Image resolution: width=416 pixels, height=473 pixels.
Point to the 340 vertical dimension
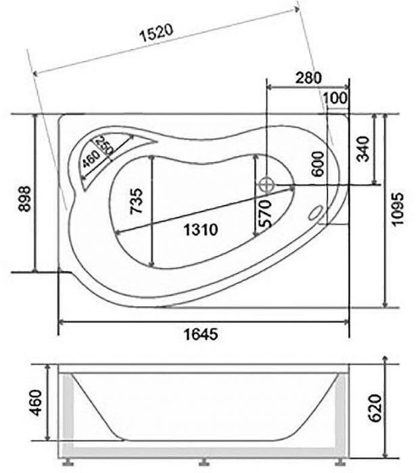[363, 149]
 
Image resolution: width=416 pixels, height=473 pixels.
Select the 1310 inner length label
[200, 230]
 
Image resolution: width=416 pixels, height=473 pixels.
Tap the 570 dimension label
[264, 214]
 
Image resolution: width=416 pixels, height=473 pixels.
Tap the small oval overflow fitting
[315, 213]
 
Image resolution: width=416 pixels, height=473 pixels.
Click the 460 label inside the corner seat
[90, 161]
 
